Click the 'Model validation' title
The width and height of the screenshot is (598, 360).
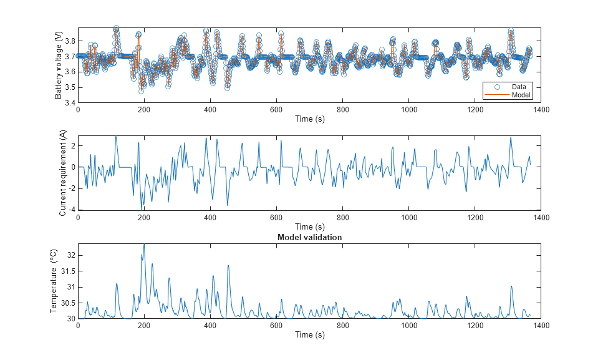(x=309, y=238)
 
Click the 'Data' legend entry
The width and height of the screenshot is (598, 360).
(x=519, y=86)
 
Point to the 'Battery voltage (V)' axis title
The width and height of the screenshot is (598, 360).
(x=59, y=65)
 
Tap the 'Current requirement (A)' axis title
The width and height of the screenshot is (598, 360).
(x=62, y=173)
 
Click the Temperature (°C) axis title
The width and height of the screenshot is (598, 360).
(x=54, y=281)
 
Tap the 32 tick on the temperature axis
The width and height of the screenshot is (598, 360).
(x=69, y=255)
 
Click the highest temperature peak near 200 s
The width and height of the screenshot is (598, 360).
(x=144, y=244)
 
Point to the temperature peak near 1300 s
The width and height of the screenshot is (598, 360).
(x=511, y=286)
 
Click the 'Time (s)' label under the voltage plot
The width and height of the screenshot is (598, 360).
(x=309, y=119)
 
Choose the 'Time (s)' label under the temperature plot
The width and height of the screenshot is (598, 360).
(x=309, y=335)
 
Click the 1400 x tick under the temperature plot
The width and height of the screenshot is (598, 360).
(x=541, y=326)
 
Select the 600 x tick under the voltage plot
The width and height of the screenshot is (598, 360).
(x=276, y=110)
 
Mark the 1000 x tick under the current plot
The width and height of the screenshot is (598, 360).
(x=408, y=218)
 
